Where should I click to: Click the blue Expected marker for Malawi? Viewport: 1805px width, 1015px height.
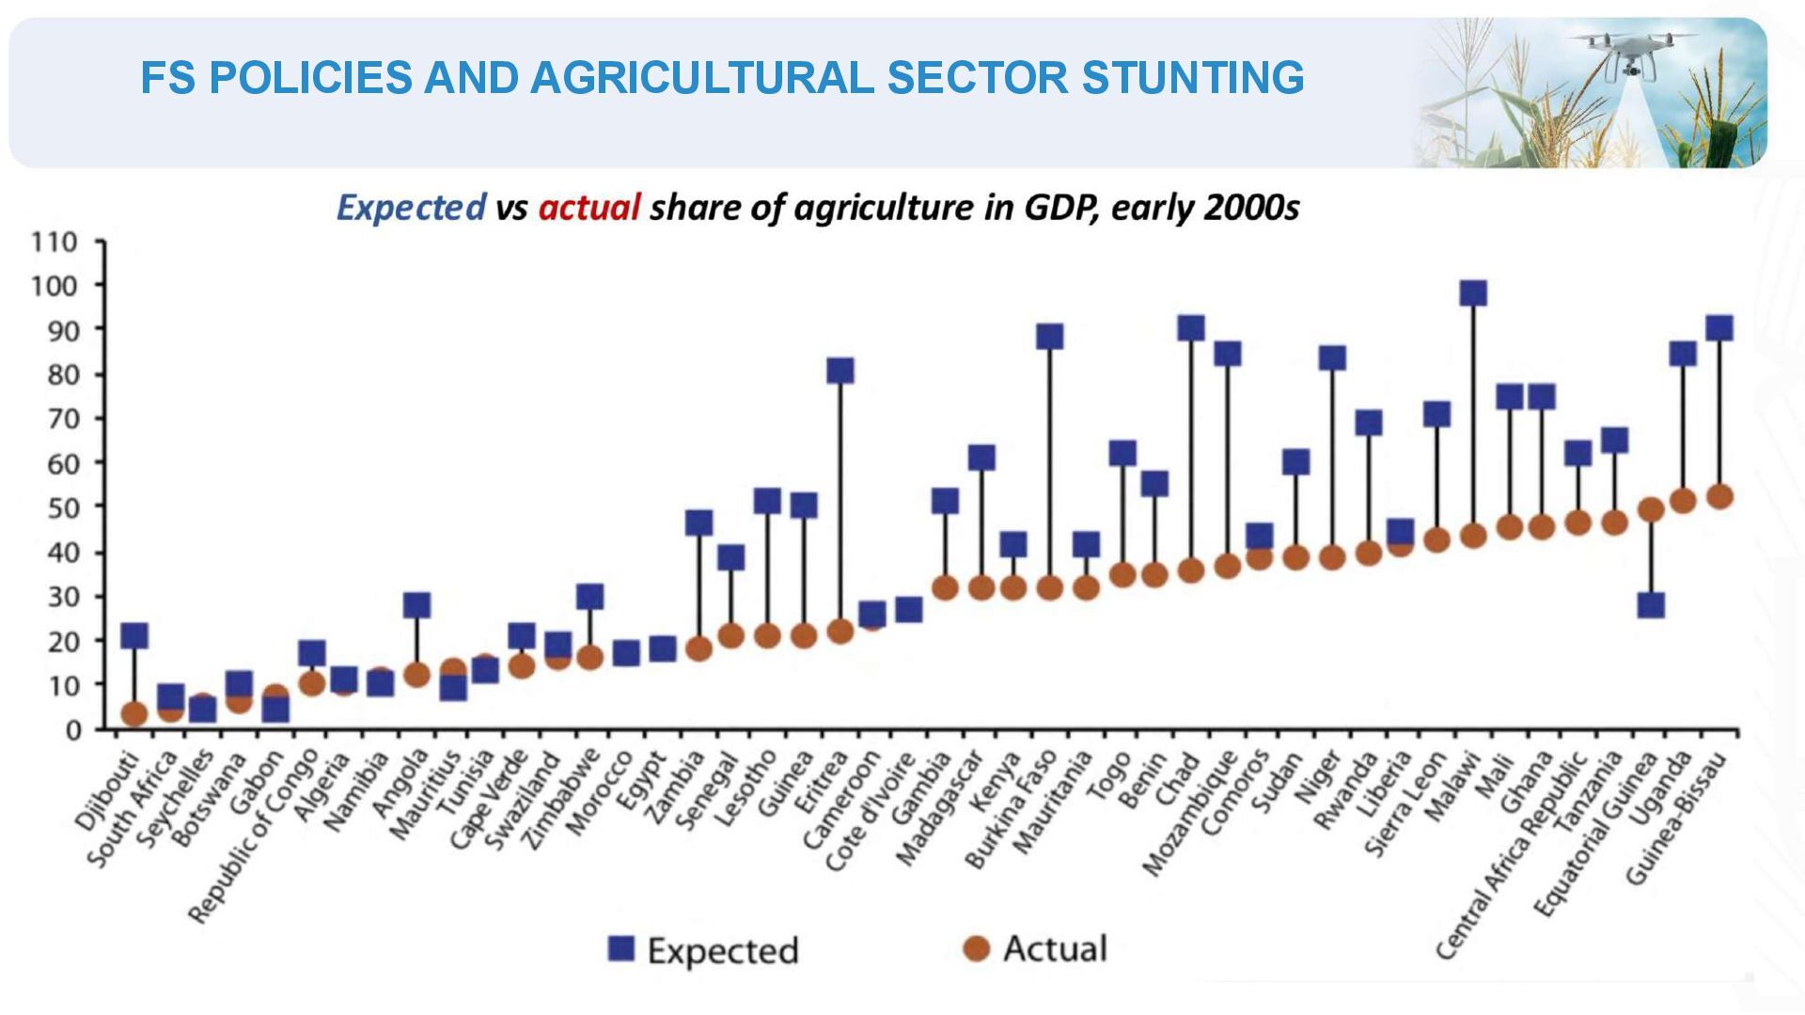[x=1473, y=293]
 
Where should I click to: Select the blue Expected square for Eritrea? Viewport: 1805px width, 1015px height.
[x=840, y=370]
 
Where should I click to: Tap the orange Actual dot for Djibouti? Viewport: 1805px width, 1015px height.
[x=134, y=714]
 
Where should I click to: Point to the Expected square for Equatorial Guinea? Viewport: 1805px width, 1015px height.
[x=1651, y=604]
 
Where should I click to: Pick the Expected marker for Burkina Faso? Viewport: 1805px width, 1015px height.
[x=1049, y=336]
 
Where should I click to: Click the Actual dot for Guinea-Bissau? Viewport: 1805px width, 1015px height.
[x=1719, y=496]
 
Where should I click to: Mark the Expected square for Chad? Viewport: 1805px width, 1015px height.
[x=1191, y=328]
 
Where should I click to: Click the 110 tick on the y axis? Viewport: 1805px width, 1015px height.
[x=55, y=242]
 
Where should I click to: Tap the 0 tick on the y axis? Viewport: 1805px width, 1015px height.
[x=73, y=730]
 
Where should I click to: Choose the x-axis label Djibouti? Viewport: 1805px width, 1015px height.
[x=105, y=791]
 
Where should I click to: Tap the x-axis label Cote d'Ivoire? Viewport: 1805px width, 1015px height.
[x=870, y=812]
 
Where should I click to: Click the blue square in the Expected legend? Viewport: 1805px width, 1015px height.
[x=621, y=949]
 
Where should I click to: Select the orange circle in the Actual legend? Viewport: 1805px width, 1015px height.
[x=978, y=948]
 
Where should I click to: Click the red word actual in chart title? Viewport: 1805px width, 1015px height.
[x=589, y=207]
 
